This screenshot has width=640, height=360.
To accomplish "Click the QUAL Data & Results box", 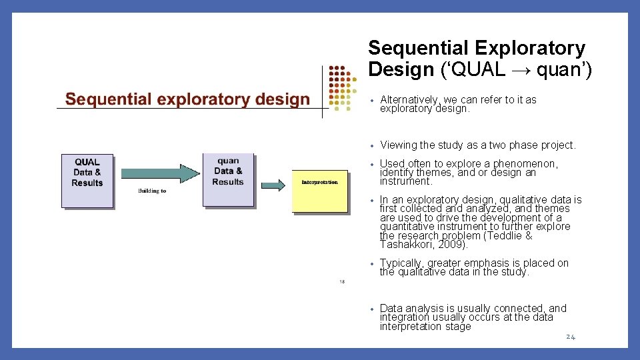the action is click(87, 180).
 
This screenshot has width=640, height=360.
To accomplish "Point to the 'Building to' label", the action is click(152, 191).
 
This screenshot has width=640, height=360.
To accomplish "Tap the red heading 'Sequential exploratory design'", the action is click(187, 100).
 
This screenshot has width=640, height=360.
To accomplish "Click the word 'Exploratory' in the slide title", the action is click(530, 49).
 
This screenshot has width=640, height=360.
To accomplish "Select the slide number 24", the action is click(570, 337).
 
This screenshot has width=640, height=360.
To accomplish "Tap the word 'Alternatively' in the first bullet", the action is click(411, 100).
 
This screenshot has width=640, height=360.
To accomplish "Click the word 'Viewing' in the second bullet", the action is click(399, 145).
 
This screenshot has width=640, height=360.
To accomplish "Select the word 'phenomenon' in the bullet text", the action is click(525, 163).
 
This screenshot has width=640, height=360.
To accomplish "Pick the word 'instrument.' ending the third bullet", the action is click(406, 181).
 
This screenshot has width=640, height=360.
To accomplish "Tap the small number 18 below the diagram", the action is click(341, 281).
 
